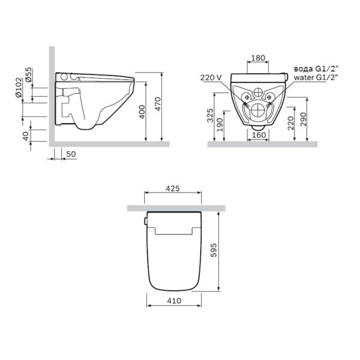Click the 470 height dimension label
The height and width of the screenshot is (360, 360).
[158, 104]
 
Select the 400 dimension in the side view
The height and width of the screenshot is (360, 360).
[142, 112]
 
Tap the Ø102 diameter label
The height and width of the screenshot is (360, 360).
[19, 88]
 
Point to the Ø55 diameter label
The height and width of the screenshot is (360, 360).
[29, 74]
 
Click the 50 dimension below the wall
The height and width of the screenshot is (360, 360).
[71, 154]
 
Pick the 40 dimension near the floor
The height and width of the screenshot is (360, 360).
[26, 136]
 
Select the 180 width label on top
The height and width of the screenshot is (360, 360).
[258, 58]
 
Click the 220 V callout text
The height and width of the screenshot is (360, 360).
[211, 77]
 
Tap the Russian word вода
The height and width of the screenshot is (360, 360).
[304, 68]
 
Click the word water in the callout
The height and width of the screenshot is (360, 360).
[304, 77]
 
